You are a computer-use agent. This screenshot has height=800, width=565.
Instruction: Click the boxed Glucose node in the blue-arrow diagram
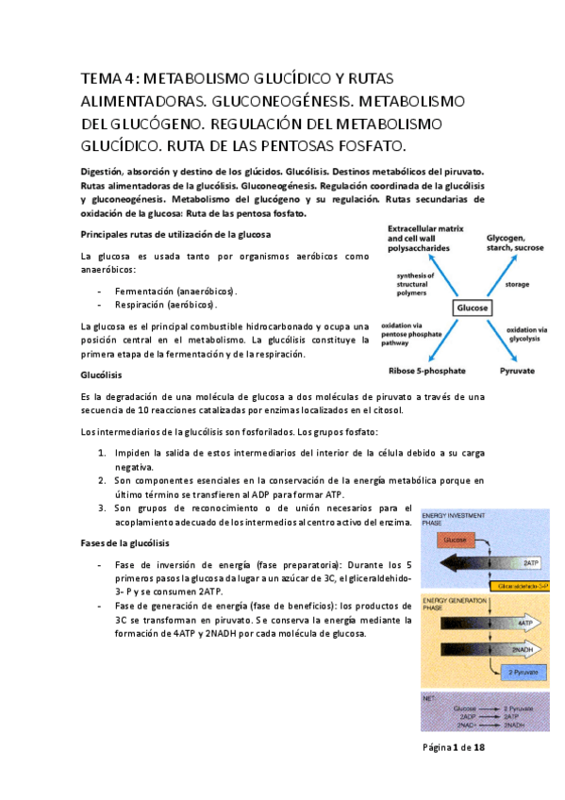tap(471, 308)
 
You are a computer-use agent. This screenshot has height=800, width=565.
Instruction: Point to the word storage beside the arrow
tap(517, 283)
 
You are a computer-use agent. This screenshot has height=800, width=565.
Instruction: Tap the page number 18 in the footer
tap(479, 747)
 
